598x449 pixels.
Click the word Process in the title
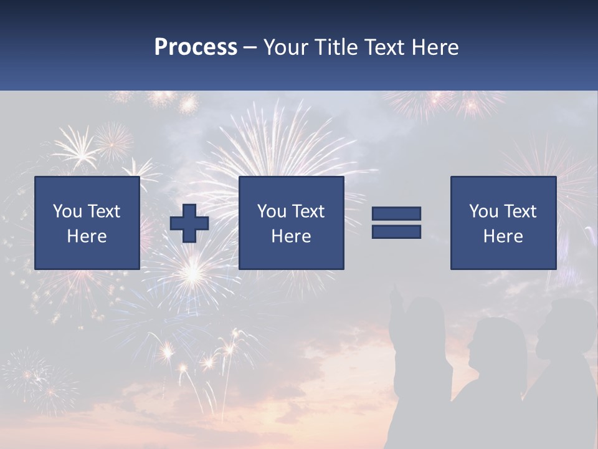click(196, 47)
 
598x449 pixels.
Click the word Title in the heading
click(336, 47)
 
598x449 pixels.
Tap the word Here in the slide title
click(435, 47)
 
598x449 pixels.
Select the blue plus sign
click(189, 223)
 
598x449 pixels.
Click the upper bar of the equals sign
click(396, 214)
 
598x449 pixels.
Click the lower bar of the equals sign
click(396, 231)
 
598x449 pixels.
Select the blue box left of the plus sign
click(87, 223)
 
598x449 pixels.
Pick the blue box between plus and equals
click(291, 223)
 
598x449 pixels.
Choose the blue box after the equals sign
click(503, 223)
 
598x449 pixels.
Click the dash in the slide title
click(250, 47)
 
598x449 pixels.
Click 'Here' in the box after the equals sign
click(503, 236)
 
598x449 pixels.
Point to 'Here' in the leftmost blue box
click(87, 236)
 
